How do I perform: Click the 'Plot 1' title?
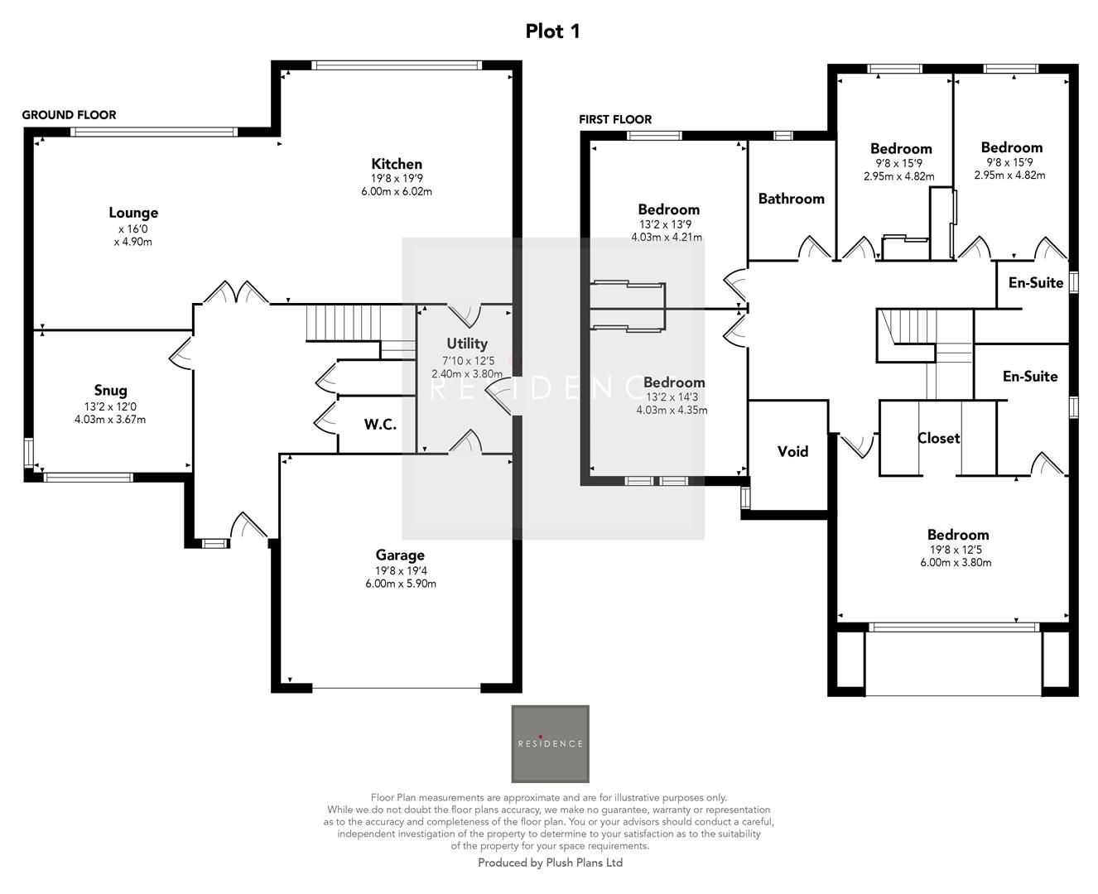[552, 31]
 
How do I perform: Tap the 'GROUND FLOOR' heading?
[69, 115]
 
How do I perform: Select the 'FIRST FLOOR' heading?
[615, 120]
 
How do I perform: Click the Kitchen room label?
[396, 164]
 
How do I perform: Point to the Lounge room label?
[132, 213]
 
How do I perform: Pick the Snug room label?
[110, 391]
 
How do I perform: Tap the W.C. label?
[380, 425]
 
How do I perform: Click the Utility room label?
[467, 344]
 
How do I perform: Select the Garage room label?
[400, 555]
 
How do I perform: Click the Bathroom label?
[791, 199]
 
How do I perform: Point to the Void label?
[792, 451]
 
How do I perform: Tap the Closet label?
[938, 438]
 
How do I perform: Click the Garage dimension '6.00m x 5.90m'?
[401, 584]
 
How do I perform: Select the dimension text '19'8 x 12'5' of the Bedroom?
[956, 549]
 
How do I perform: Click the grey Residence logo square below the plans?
[550, 743]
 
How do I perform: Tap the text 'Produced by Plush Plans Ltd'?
[550, 863]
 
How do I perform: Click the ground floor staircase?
[342, 323]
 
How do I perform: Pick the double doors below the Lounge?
[236, 293]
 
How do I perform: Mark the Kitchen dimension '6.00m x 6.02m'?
[397, 191]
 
